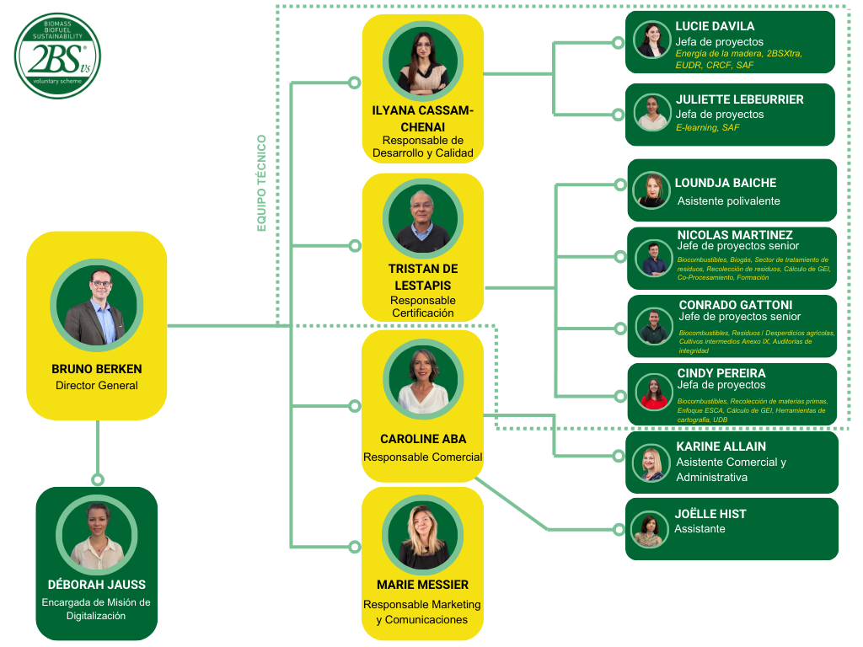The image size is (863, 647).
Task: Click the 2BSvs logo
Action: [57, 56]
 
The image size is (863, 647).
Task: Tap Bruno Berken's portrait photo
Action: [97, 305]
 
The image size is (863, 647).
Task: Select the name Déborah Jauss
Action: [97, 585]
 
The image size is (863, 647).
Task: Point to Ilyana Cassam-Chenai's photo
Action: [422, 61]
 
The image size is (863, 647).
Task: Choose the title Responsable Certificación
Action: [422, 307]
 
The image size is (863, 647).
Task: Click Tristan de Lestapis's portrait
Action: [422, 219]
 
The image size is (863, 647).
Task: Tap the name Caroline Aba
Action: [422, 439]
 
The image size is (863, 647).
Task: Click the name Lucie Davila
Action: [715, 26]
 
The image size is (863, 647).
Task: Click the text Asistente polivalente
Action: [728, 201]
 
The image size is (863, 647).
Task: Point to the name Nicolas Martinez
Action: [735, 235]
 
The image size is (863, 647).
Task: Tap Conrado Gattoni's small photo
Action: [654, 327]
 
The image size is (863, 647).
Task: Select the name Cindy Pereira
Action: [721, 373]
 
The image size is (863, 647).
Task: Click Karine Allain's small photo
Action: [651, 463]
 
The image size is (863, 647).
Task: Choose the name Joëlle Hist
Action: [710, 514]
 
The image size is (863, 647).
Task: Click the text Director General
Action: [97, 386]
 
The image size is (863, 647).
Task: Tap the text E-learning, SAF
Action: [707, 127]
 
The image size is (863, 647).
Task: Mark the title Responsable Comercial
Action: [422, 457]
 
